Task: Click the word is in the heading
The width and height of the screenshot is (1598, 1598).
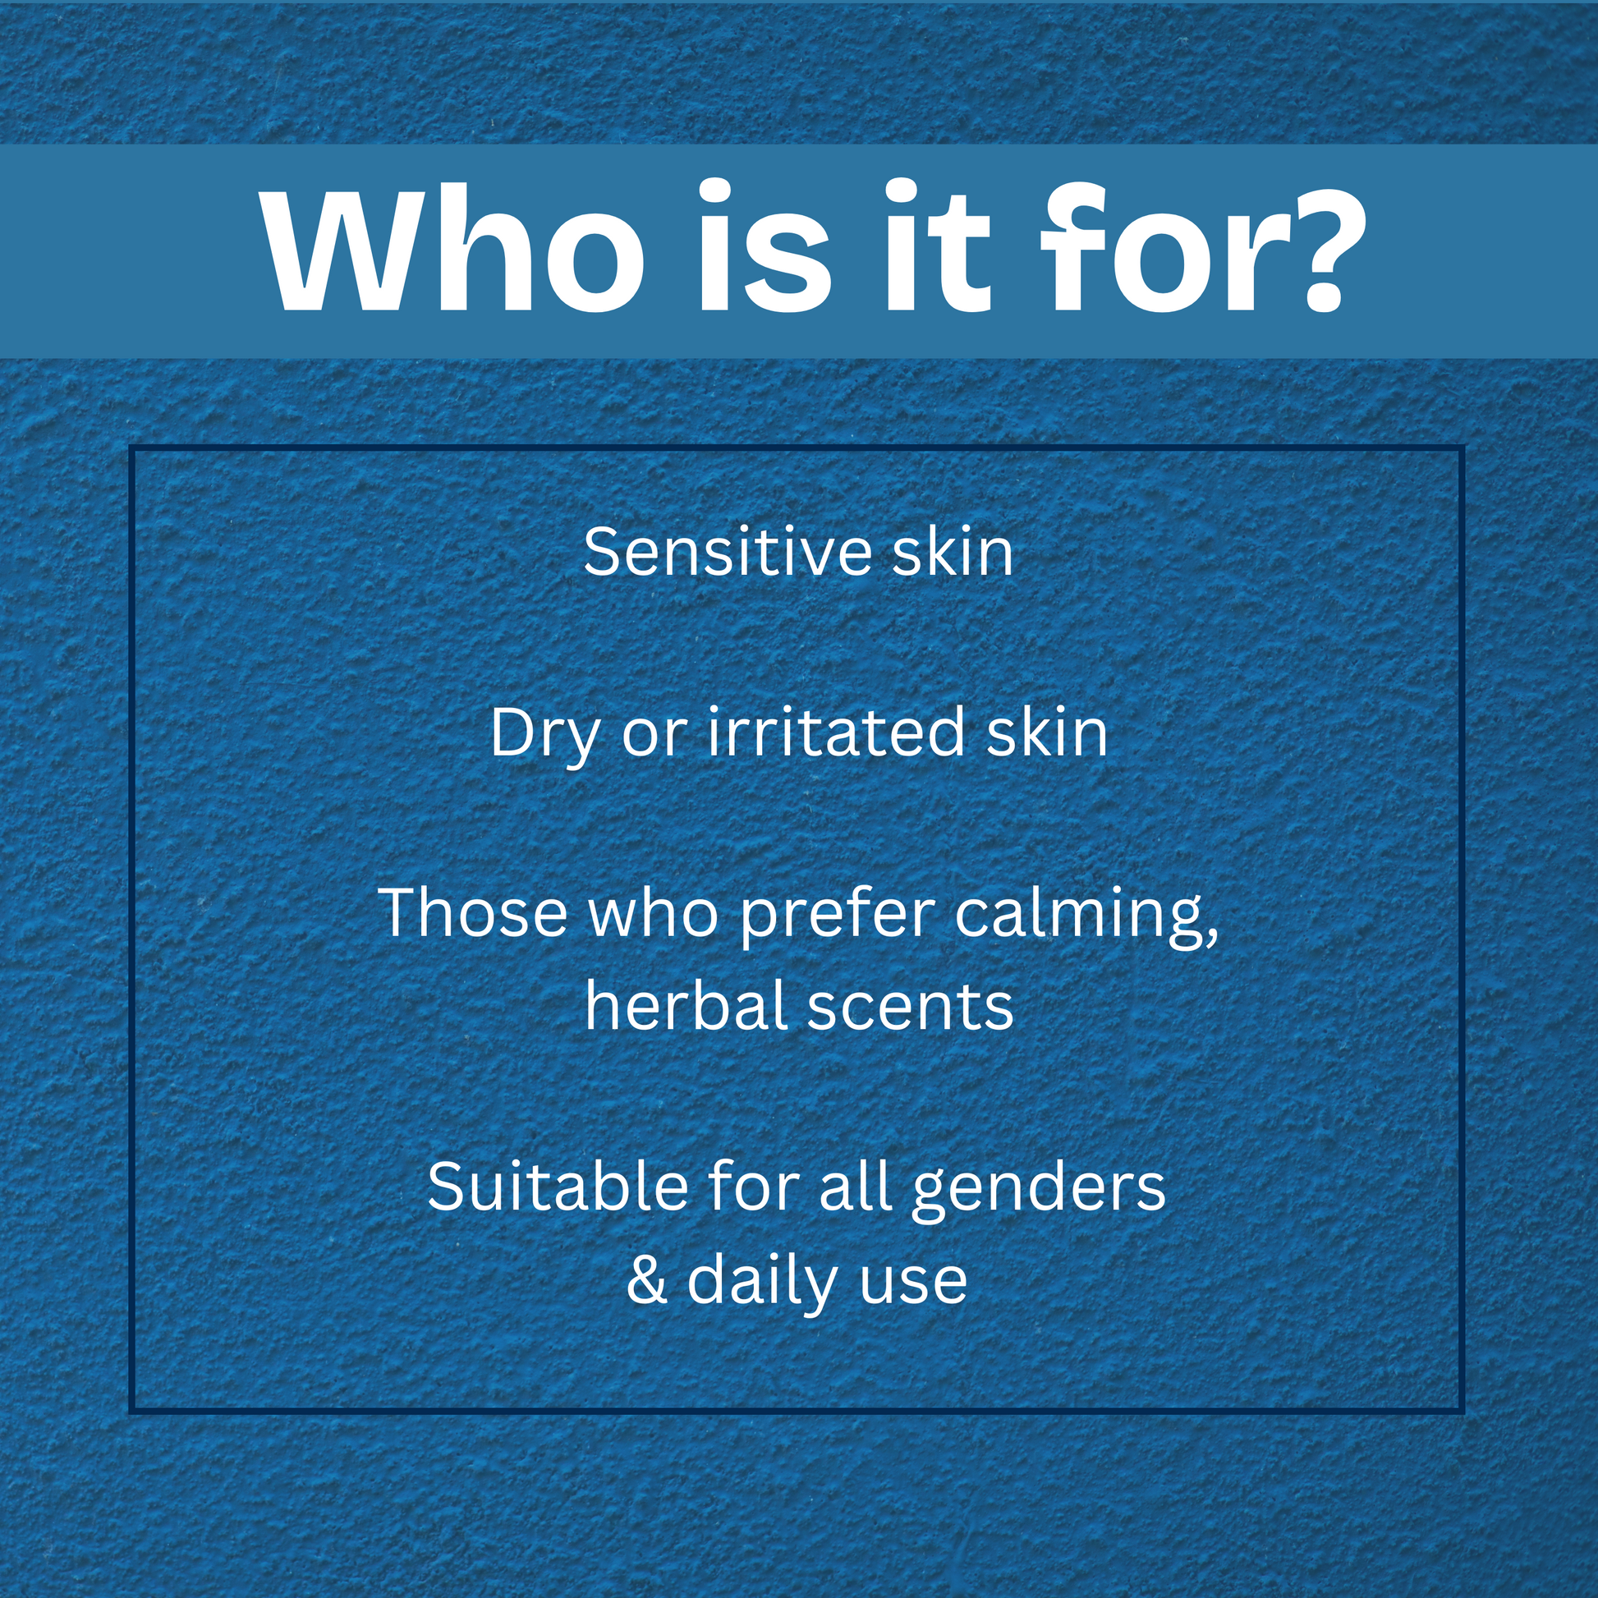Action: [765, 246]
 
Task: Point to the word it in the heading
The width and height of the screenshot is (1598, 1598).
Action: [936, 246]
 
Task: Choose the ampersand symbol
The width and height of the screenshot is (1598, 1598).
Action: [647, 1280]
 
